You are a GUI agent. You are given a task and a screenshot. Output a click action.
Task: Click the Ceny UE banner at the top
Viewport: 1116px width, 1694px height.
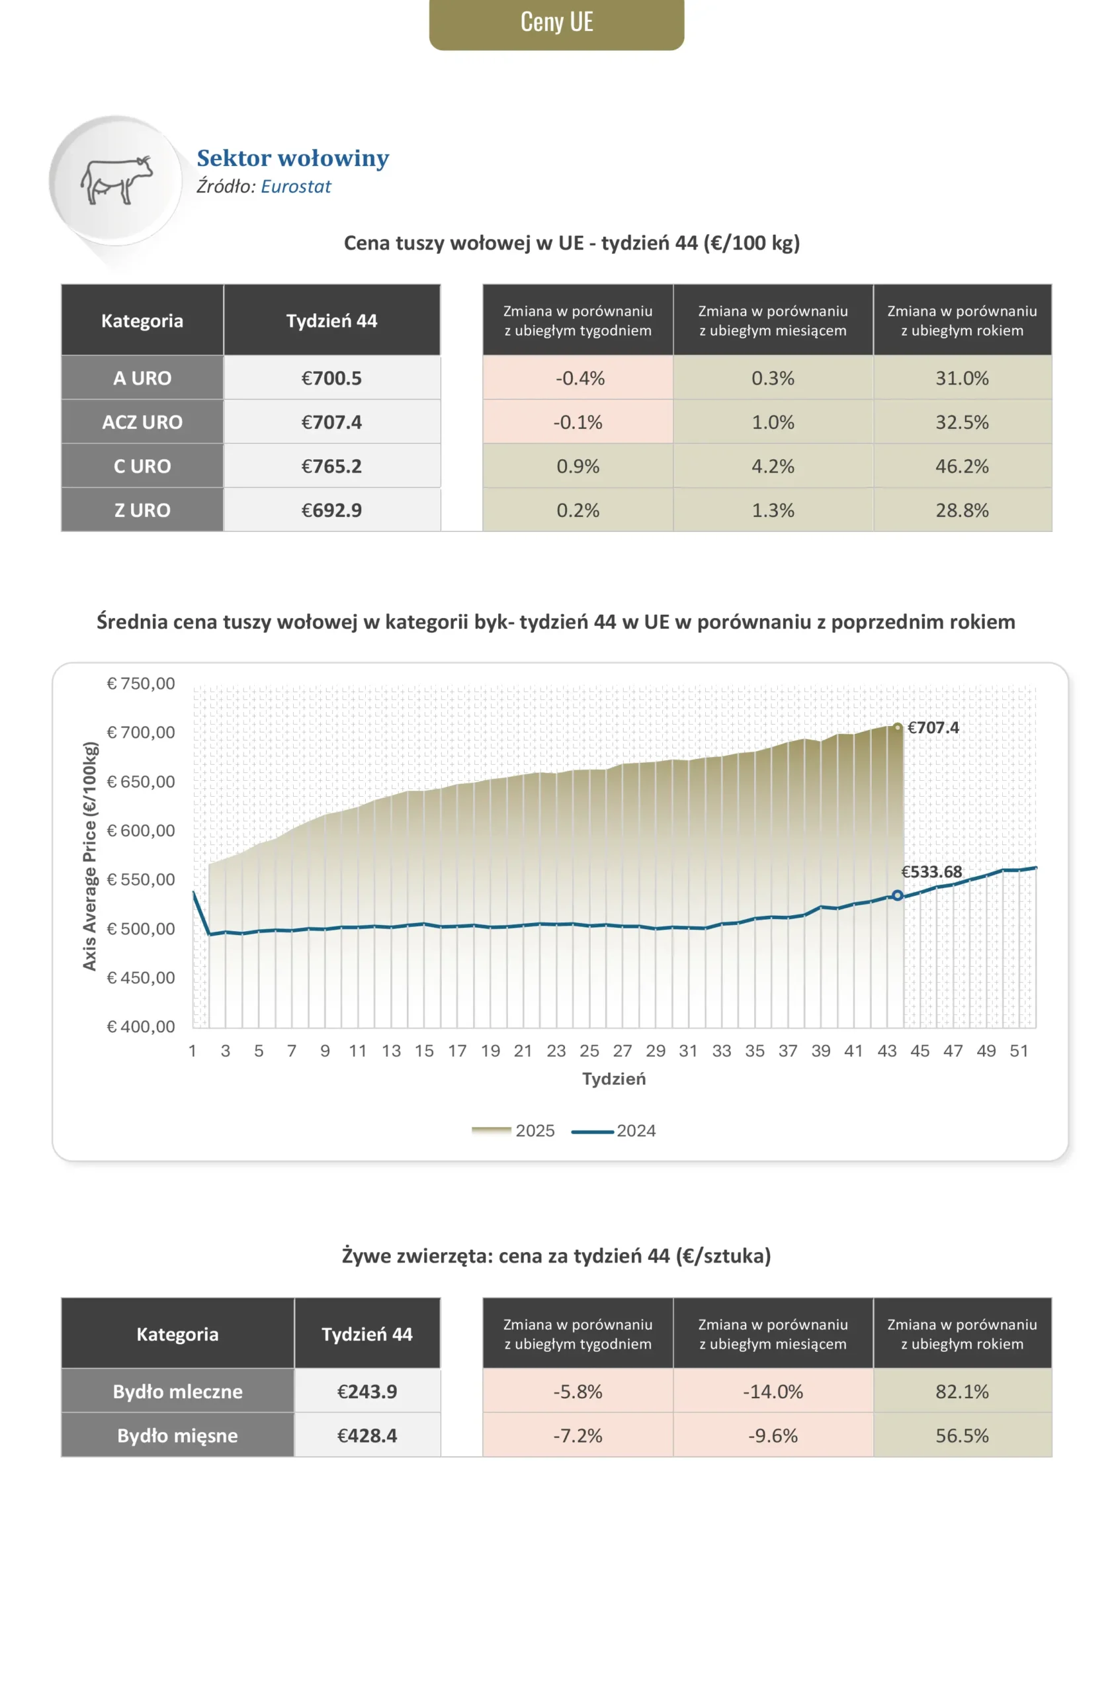point(556,22)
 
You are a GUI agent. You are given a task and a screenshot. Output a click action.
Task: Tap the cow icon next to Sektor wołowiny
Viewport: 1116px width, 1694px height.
point(116,180)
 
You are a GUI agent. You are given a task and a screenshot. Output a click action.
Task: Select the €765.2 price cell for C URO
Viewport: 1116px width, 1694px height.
point(331,467)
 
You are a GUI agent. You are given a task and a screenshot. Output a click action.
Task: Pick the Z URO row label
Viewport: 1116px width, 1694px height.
point(142,510)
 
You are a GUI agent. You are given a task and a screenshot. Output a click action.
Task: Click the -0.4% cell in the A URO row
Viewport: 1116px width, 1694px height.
point(578,378)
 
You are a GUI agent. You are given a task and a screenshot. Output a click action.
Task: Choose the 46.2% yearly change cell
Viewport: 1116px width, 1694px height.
point(962,467)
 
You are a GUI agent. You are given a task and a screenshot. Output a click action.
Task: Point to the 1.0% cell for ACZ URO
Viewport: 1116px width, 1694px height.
point(773,422)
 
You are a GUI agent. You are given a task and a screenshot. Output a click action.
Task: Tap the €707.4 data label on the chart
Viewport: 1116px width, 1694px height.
point(932,727)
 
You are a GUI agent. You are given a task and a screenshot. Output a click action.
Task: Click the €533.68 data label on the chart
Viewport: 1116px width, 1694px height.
point(931,872)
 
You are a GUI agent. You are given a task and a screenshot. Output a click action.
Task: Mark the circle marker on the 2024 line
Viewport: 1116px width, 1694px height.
point(898,895)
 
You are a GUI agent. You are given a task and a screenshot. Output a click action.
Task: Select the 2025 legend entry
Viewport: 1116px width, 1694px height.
point(513,1131)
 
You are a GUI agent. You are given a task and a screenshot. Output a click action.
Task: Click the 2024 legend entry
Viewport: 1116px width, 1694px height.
point(614,1131)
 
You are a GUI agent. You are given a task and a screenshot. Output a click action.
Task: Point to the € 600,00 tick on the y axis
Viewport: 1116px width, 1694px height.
point(141,830)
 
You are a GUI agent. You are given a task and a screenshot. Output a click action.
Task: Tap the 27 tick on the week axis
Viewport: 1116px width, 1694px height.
point(622,1051)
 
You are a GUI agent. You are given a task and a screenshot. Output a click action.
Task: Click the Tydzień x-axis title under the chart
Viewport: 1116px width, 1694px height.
point(613,1079)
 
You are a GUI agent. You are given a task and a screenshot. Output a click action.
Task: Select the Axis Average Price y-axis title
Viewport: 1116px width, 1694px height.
point(90,856)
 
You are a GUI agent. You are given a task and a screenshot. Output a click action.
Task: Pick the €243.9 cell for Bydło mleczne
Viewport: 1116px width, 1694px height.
point(367,1392)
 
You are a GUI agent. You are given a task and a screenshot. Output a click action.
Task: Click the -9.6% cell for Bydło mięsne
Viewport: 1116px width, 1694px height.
point(773,1436)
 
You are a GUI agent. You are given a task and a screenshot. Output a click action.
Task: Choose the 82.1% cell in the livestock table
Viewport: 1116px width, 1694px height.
point(962,1392)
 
